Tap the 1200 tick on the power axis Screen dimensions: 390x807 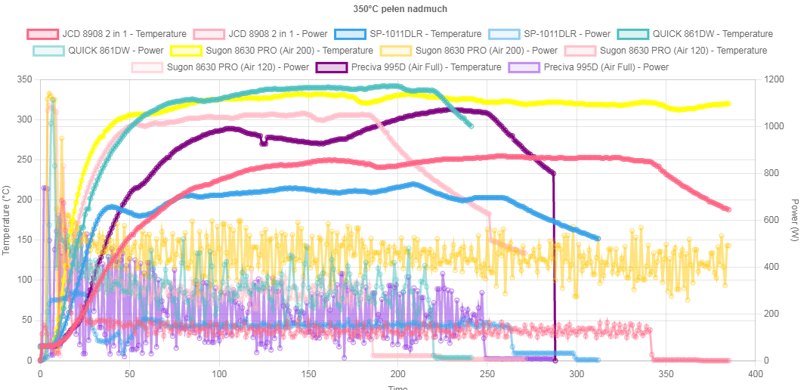coord(775,79)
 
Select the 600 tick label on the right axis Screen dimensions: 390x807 coord(771,220)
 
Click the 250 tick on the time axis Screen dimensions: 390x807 coord(487,373)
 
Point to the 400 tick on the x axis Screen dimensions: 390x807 coord(755,373)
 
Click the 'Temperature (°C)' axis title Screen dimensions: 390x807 coord(7,220)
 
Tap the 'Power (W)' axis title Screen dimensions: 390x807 coord(794,220)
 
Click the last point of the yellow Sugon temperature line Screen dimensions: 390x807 coord(729,104)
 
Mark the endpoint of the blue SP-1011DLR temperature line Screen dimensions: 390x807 coord(598,238)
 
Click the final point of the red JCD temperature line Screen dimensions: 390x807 coord(729,210)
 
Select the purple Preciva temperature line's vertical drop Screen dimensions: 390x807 coord(555,265)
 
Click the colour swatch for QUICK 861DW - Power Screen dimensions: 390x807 coord(48,51)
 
